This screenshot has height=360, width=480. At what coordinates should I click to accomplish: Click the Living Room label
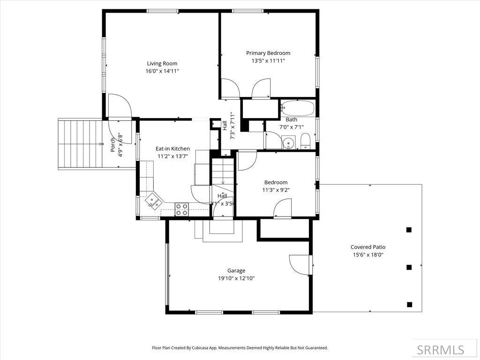162,64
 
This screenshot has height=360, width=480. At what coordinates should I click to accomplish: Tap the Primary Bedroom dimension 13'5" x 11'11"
268,61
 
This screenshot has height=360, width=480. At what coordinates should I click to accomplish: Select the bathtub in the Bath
298,108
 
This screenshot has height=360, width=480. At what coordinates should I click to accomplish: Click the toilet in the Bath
305,140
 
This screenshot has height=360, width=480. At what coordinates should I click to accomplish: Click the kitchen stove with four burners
181,209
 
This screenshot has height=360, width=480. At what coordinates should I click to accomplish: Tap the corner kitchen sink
153,201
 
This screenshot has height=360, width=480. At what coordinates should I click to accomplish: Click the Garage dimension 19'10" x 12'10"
236,278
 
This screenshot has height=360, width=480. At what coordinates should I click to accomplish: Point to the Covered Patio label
368,247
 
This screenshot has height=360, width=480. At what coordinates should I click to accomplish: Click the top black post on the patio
409,230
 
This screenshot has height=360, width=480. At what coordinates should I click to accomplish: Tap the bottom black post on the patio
409,305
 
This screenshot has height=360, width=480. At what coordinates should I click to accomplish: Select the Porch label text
113,145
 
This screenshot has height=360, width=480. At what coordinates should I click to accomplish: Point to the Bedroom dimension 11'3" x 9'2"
276,190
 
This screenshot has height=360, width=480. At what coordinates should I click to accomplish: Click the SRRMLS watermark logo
440,350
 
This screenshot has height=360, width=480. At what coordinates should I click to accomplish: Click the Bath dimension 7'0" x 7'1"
291,127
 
